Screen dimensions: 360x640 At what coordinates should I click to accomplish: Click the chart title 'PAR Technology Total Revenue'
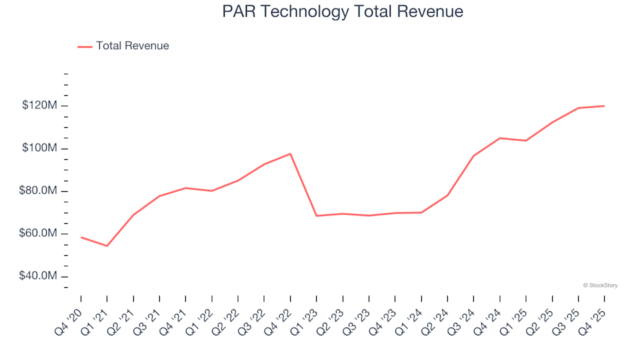[x=343, y=11]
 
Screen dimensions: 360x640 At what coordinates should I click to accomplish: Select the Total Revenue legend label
[x=132, y=46]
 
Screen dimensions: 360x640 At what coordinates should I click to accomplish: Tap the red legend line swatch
[x=85, y=47]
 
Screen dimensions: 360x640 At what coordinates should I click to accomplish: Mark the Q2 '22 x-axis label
[x=228, y=315]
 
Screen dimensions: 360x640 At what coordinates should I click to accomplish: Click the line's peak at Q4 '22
[x=291, y=154]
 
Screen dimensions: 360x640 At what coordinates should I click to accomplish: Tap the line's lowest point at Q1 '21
[x=107, y=246]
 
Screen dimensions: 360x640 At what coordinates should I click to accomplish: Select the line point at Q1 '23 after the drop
[x=317, y=216]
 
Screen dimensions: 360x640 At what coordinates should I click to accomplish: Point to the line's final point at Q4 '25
[x=604, y=106]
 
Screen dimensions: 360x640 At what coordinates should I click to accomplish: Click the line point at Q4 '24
[x=499, y=138]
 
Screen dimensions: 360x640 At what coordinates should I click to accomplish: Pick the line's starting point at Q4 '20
[x=81, y=237]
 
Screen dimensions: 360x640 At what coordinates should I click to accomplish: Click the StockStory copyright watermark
[x=600, y=285]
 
